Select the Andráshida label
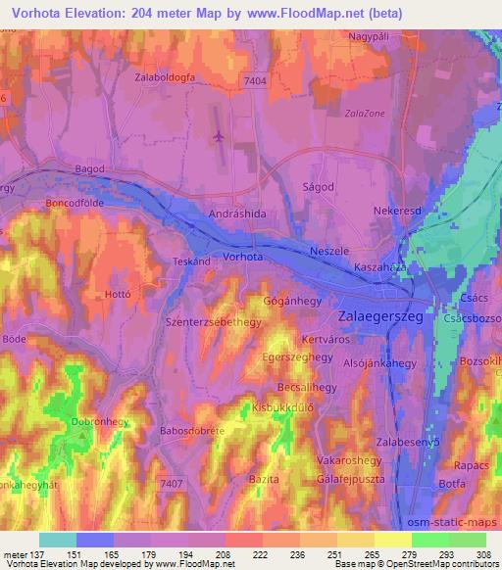[x=237, y=212]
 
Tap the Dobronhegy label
[x=96, y=422]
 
